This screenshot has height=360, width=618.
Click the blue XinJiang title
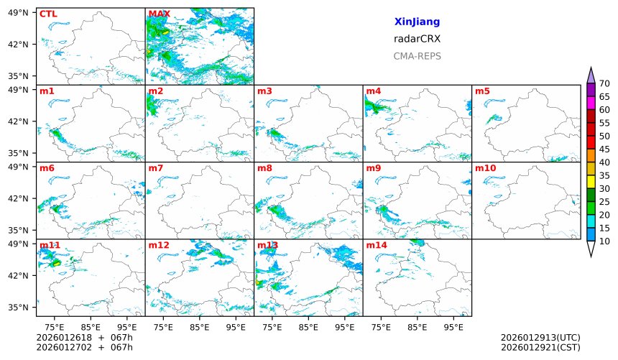click(417, 22)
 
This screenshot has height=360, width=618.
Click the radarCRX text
click(417, 39)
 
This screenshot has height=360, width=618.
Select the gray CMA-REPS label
click(417, 56)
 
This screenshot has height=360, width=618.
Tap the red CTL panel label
click(48, 14)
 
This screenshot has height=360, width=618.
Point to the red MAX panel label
click(159, 14)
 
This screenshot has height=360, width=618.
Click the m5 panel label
click(482, 91)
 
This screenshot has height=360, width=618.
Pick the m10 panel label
click(485, 168)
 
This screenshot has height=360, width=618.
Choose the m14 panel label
click(376, 245)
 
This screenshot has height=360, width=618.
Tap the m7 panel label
click(156, 168)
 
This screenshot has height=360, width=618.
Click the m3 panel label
click(264, 91)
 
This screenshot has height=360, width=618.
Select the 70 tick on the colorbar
click(604, 83)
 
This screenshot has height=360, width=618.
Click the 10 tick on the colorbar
click(604, 241)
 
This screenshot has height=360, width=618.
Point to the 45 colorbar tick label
click(604, 149)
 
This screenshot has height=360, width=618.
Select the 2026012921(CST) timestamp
click(540, 348)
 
